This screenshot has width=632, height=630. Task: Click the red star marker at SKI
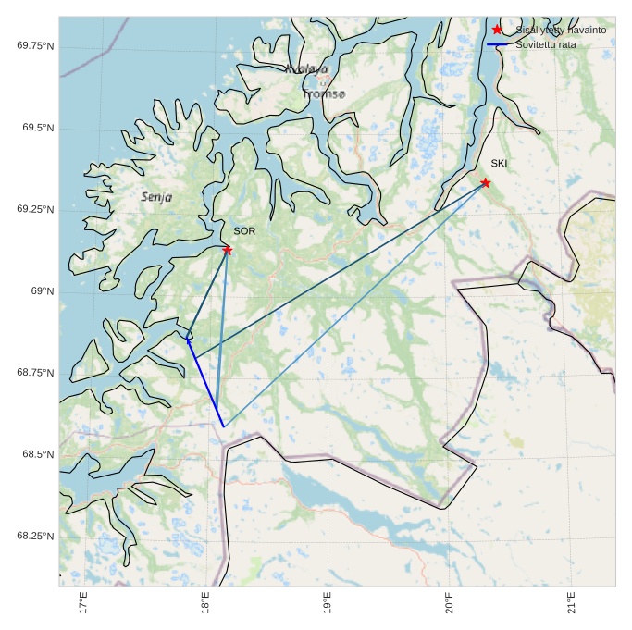click(x=485, y=183)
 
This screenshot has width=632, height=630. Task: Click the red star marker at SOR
click(x=227, y=250)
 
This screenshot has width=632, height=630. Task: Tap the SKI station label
click(x=499, y=164)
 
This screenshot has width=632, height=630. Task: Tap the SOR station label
click(x=244, y=231)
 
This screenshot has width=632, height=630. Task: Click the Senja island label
click(x=156, y=197)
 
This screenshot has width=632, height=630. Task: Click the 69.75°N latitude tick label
click(x=35, y=45)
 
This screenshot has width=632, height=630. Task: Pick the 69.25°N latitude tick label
click(x=35, y=209)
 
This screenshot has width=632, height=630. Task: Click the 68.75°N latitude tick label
click(x=35, y=373)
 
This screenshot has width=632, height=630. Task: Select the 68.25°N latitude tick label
click(x=35, y=537)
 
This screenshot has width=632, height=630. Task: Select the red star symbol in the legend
click(x=498, y=30)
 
